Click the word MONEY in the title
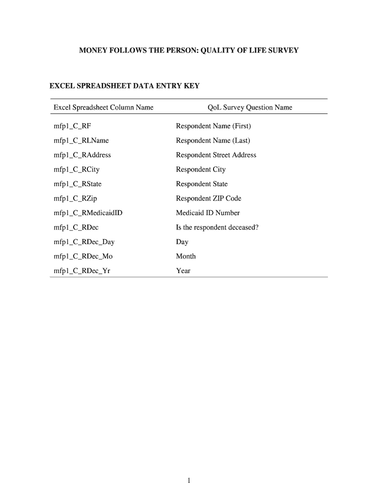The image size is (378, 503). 92,50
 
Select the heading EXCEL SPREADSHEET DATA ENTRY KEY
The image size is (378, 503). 125,86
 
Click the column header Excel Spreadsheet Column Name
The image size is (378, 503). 103,108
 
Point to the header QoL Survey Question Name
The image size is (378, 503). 250,108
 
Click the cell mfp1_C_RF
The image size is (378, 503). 72,126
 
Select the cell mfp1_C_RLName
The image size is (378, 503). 81,140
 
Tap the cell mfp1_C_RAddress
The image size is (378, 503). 82,155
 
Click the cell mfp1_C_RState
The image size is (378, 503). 78,184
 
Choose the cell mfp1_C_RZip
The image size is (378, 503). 75,198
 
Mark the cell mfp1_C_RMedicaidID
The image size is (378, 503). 88,213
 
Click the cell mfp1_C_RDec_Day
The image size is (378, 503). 84,242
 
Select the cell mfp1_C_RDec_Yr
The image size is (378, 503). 81,271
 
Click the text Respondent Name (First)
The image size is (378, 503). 213,126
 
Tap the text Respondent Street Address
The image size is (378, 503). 216,155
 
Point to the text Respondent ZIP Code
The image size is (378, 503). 209,198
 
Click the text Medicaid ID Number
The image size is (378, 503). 208,213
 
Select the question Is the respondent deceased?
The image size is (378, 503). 217,227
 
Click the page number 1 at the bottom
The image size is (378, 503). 189,481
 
